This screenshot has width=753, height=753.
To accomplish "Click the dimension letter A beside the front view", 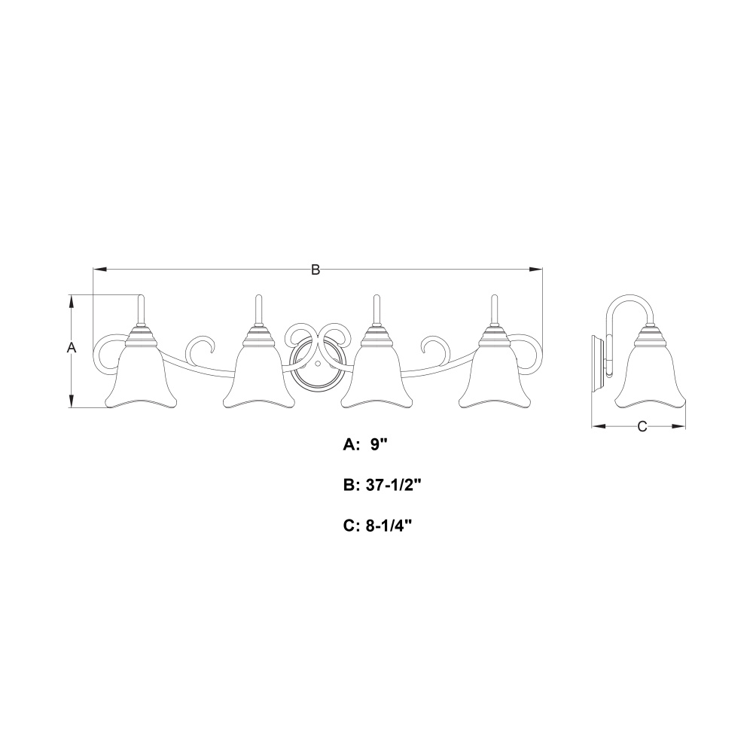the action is (x=72, y=348).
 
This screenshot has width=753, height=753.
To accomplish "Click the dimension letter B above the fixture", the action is (x=316, y=270).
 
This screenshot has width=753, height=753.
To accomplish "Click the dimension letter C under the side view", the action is (x=642, y=426).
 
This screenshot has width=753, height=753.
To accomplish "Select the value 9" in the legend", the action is (x=379, y=445).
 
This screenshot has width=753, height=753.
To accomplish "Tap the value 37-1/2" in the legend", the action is (x=393, y=486).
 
